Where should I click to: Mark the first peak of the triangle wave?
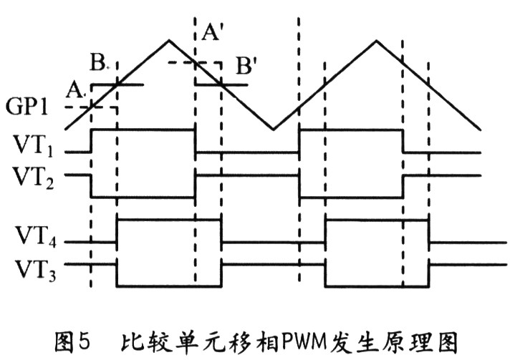pyautogui.click(x=168, y=39)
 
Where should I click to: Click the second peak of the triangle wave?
pyautogui.click(x=375, y=39)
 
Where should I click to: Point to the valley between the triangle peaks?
pyautogui.click(x=273, y=130)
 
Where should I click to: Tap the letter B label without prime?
pyautogui.click(x=99, y=63)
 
